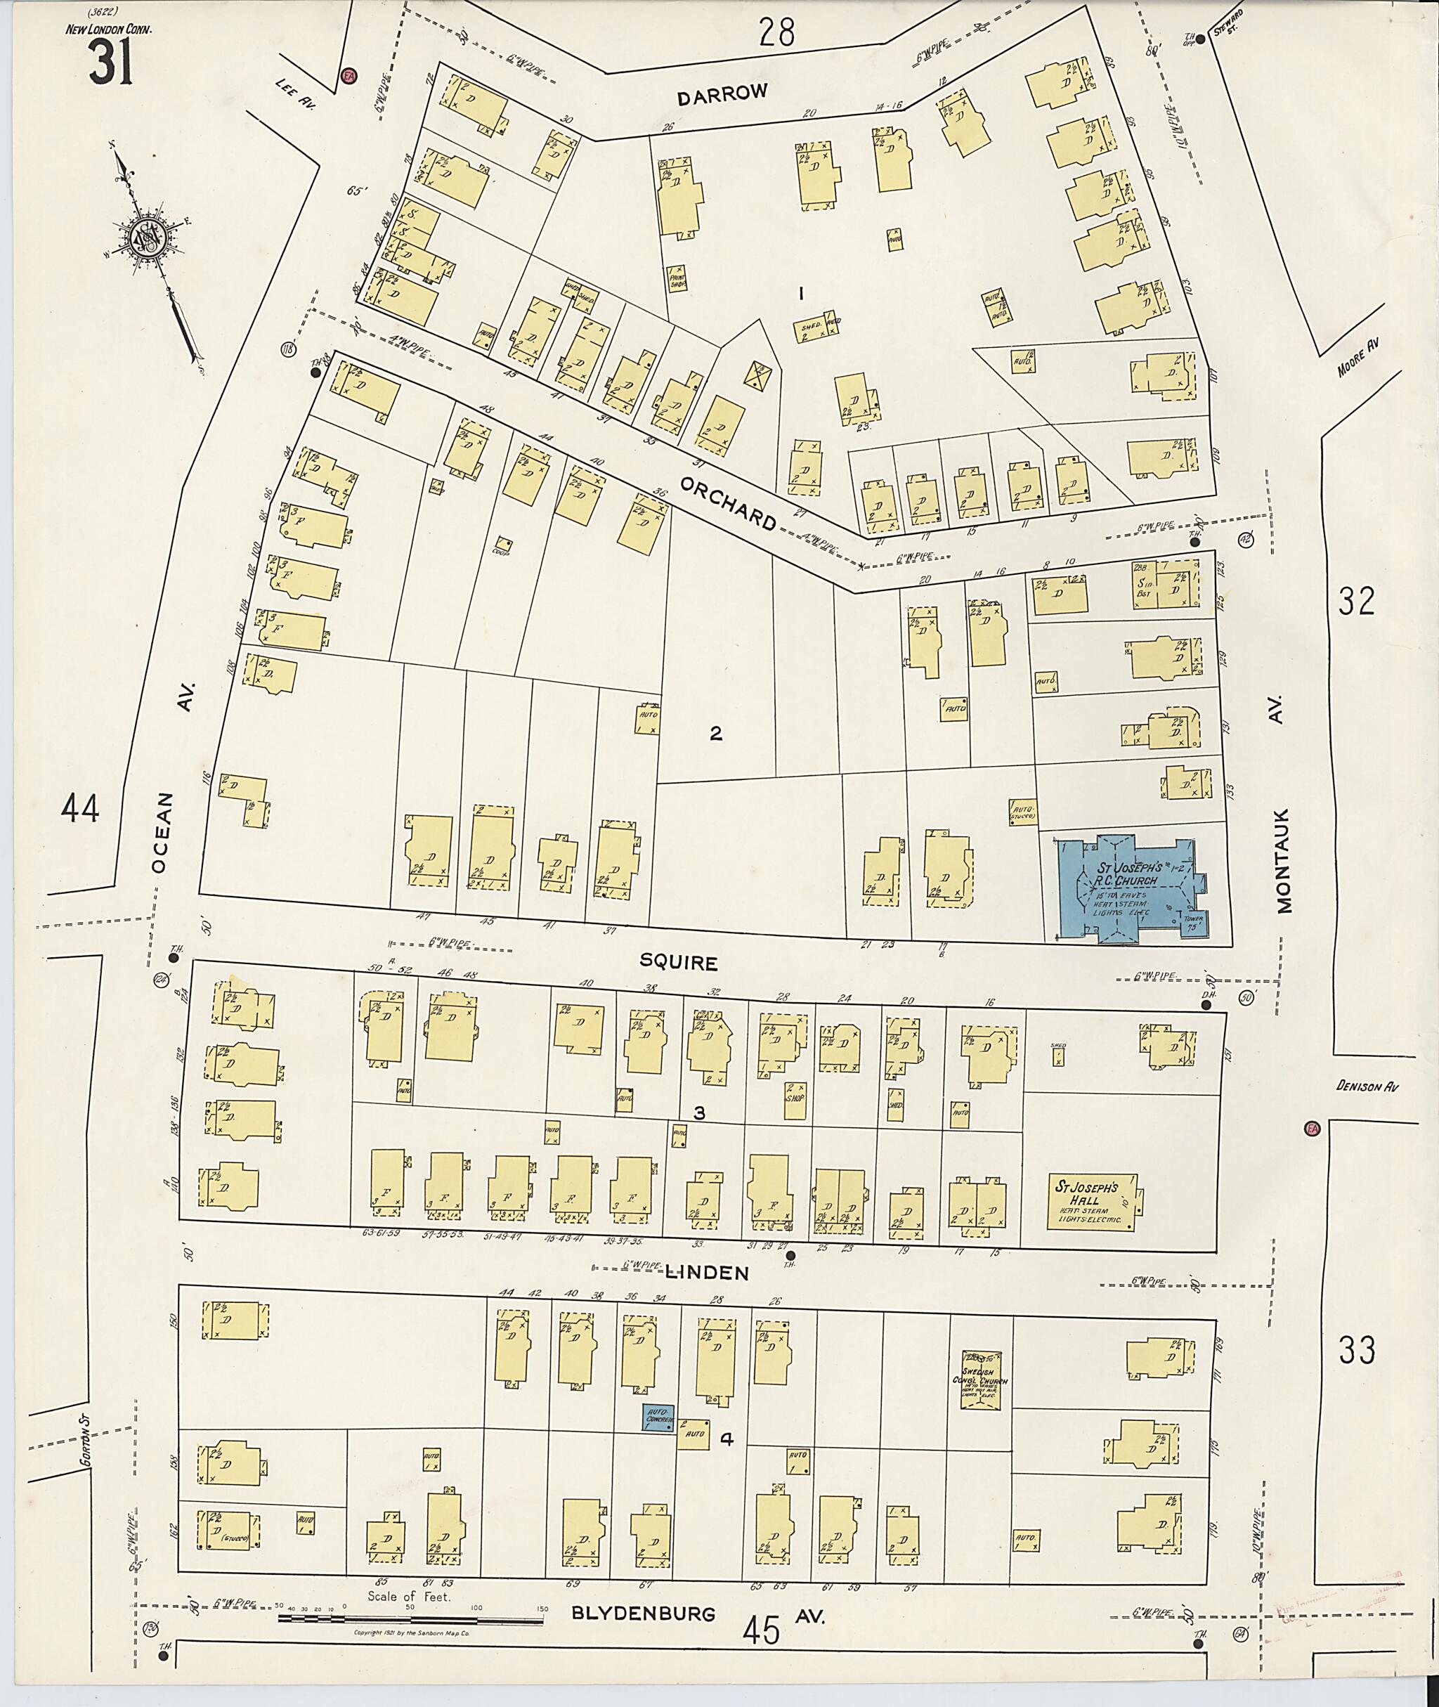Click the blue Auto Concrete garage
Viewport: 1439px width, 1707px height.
pos(658,1417)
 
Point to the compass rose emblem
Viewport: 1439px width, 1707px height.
pos(148,238)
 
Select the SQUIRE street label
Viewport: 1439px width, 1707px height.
pos(678,963)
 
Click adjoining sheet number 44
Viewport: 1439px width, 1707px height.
pos(80,810)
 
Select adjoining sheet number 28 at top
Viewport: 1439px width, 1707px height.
pos(776,34)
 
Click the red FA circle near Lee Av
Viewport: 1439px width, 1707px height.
pos(349,76)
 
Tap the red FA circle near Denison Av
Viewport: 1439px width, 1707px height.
pos(1312,1129)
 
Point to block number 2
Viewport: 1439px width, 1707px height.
pos(715,734)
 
